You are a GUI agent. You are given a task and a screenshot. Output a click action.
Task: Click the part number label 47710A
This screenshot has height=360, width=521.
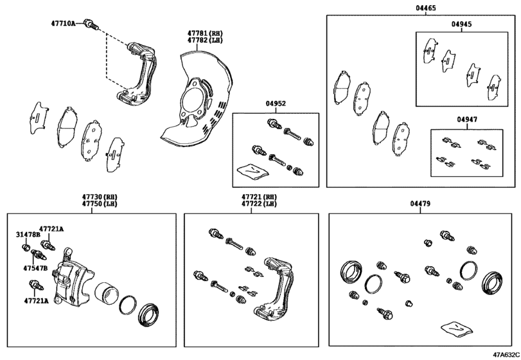[64, 23]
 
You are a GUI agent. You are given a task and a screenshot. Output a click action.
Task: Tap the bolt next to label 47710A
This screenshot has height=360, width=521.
[91, 24]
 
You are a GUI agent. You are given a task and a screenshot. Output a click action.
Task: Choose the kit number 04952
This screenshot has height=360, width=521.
[275, 104]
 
